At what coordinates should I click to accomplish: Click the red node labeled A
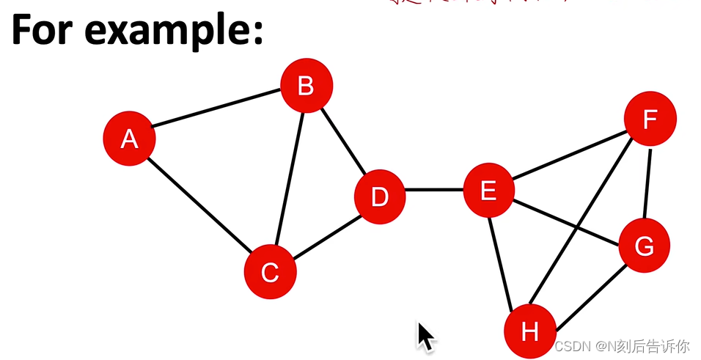[x=129, y=139]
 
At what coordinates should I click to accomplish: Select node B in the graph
[x=307, y=87]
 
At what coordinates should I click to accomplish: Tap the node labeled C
[x=270, y=272]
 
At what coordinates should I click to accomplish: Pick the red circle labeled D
[x=379, y=196]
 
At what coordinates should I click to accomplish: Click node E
[x=488, y=191]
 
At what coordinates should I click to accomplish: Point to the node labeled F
[x=650, y=119]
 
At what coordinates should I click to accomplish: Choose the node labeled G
[x=644, y=246]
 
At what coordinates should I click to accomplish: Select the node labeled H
[x=529, y=331]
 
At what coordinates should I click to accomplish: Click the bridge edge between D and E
[x=434, y=191]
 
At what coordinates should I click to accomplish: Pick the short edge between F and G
[x=647, y=183]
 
